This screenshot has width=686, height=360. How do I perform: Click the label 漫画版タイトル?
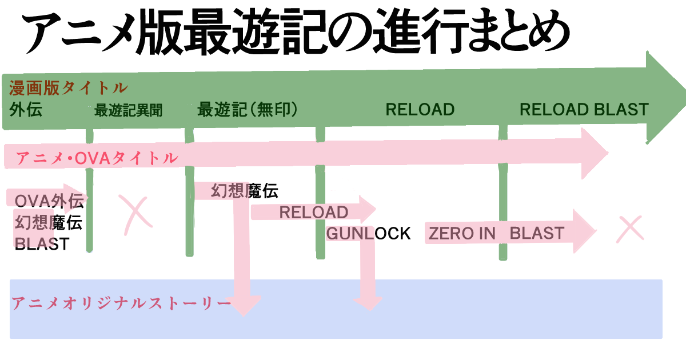pyautogui.click(x=67, y=88)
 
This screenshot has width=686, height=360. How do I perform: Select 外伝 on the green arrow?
pyautogui.click(x=26, y=110)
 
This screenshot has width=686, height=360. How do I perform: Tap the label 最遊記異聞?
pyautogui.click(x=128, y=110)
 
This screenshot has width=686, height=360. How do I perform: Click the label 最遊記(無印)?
pyautogui.click(x=248, y=109)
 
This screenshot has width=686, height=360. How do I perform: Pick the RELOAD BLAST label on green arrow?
pyautogui.click(x=584, y=109)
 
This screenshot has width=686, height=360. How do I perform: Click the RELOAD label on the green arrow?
pyautogui.click(x=420, y=109)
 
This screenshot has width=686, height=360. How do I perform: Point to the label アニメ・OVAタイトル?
pyautogui.click(x=96, y=158)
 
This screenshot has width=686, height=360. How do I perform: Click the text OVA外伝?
pyautogui.click(x=49, y=201)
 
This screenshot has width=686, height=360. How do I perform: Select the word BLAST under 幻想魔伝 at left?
pyautogui.click(x=42, y=244)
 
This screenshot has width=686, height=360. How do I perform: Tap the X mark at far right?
pyautogui.click(x=631, y=228)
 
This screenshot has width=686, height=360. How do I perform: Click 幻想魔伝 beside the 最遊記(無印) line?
pyautogui.click(x=244, y=191)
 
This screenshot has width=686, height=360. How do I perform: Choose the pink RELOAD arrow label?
pyautogui.click(x=313, y=213)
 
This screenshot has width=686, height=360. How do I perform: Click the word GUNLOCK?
pyautogui.click(x=368, y=233)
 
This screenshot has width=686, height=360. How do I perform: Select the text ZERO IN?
pyautogui.click(x=462, y=233)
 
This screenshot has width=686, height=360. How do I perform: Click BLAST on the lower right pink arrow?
pyautogui.click(x=537, y=233)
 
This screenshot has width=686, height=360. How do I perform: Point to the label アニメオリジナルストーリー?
pyautogui.click(x=121, y=303)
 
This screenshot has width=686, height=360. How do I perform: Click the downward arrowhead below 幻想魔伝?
pyautogui.click(x=245, y=306)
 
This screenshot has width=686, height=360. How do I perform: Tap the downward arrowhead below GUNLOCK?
pyautogui.click(x=368, y=303)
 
